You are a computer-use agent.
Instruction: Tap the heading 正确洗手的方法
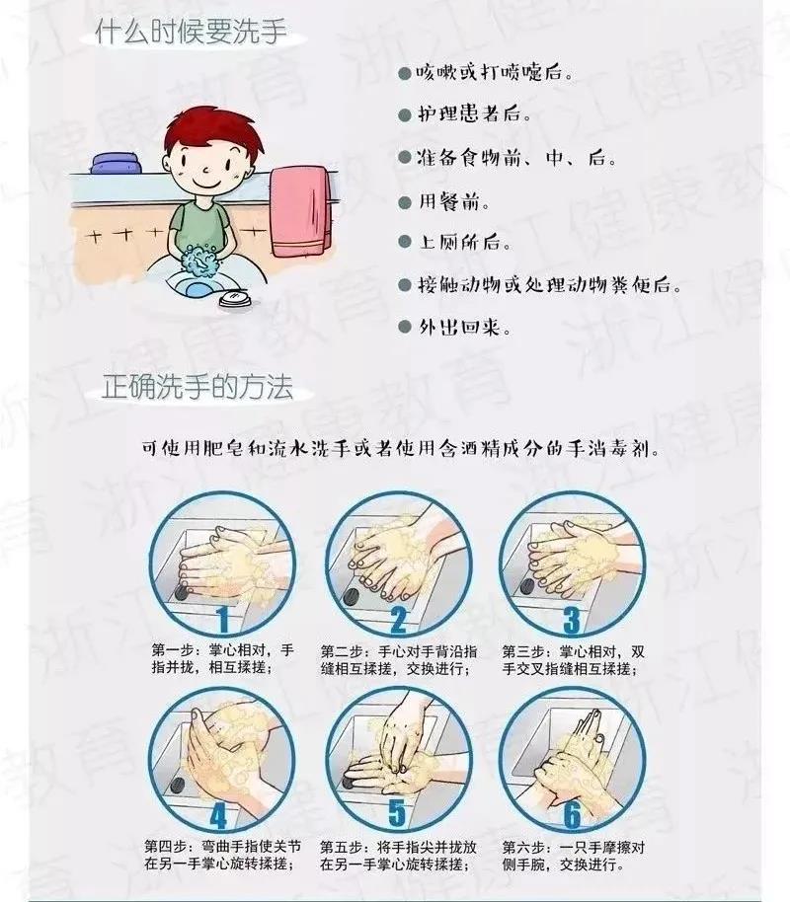pyautogui.click(x=197, y=386)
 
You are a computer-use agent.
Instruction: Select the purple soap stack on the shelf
pyautogui.click(x=116, y=163)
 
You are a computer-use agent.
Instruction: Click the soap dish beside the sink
pyautogui.click(x=234, y=299)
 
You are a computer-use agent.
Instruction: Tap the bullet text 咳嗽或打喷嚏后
pyautogui.click(x=495, y=73)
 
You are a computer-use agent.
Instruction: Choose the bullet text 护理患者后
pyautogui.click(x=474, y=113)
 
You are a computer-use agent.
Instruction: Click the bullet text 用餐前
pyautogui.click(x=453, y=202)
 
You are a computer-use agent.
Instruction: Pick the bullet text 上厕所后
pyautogui.click(x=464, y=242)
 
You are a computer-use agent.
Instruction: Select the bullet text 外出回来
pyautogui.click(x=464, y=328)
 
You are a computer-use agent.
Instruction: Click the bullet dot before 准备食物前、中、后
pyautogui.click(x=404, y=157)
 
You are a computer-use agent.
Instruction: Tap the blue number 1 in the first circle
pyautogui.click(x=223, y=620)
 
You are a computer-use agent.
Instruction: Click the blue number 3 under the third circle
pyautogui.click(x=571, y=620)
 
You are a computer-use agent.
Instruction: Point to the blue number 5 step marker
pyautogui.click(x=397, y=813)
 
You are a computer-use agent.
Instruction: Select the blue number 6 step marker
pyautogui.click(x=572, y=814)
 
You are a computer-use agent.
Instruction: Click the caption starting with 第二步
pyautogui.click(x=398, y=660)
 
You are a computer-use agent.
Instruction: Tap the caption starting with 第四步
pyautogui.click(x=222, y=855)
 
